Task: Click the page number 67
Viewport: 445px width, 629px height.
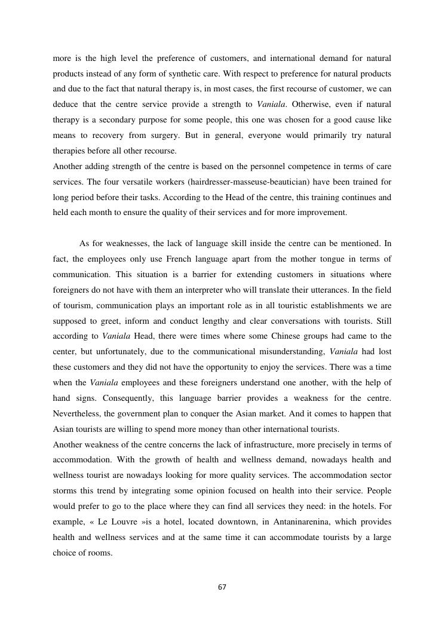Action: point(222,587)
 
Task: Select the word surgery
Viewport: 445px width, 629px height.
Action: point(162,136)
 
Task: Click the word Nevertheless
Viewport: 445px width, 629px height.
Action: point(81,413)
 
